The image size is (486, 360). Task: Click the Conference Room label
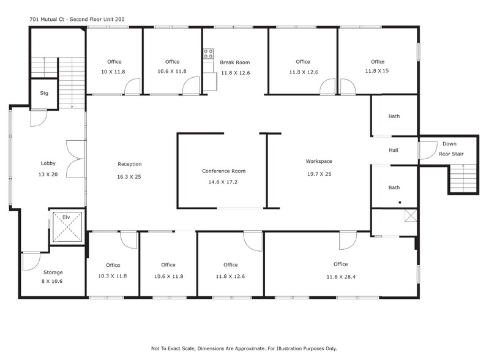223,171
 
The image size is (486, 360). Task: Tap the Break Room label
235,62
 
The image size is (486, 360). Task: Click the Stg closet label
44,94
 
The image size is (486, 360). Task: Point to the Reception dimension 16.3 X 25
129,177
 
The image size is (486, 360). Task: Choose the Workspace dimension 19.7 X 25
318,174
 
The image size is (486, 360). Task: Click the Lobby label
48,163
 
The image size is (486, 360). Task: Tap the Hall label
394,150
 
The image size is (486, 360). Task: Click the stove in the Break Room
209,54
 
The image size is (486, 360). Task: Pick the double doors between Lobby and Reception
75,159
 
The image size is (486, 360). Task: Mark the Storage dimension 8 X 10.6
53,282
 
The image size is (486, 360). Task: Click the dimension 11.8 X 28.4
340,277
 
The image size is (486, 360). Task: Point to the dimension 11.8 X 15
378,71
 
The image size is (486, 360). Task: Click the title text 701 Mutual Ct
77,20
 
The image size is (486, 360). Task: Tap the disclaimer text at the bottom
244,348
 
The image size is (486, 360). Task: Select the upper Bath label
394,116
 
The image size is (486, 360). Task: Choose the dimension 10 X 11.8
114,72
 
